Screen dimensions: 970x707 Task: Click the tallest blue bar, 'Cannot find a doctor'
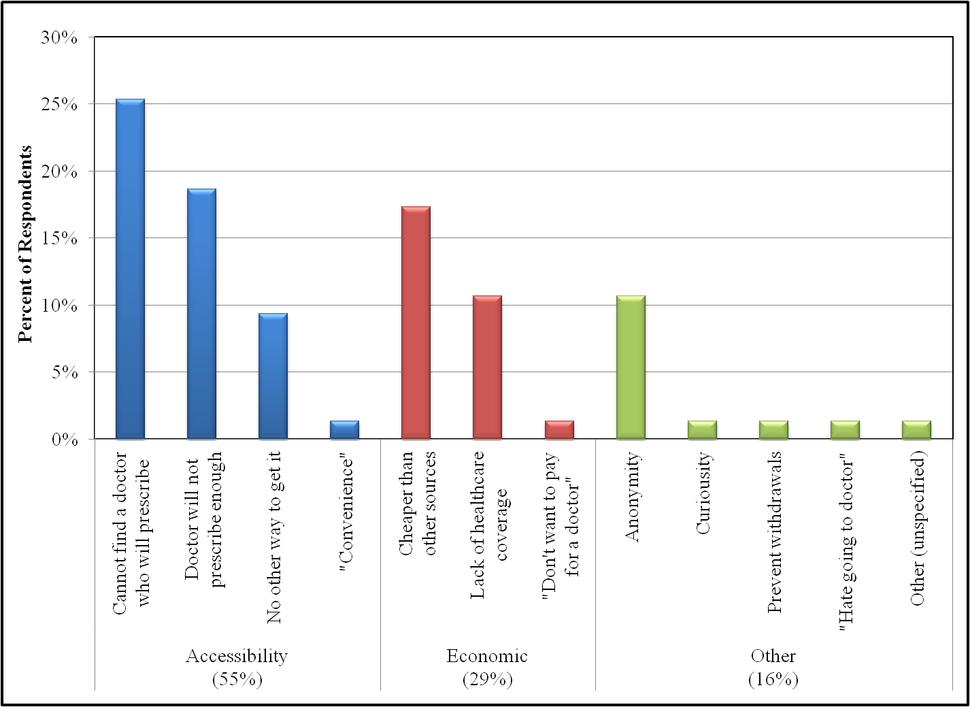coord(130,269)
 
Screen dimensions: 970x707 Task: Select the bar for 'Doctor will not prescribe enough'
coord(201,314)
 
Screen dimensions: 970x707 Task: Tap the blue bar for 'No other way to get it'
coord(273,376)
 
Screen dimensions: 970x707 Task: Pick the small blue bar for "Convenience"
coord(344,430)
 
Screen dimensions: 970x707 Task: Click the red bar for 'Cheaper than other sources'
coord(416,323)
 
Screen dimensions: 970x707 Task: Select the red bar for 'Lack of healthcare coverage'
coord(487,367)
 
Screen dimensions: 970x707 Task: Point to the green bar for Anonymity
coord(631,367)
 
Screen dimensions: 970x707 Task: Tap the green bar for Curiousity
coord(702,430)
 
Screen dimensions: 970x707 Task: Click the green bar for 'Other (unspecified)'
coord(916,430)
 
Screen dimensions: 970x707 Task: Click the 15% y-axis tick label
coord(59,238)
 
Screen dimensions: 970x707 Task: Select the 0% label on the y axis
coord(65,440)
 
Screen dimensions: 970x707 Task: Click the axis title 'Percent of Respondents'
coord(25,244)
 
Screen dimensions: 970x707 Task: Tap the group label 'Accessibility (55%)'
coord(237,668)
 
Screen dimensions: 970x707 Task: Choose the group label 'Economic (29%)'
coord(487,668)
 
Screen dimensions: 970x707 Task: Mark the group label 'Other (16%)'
coord(773,668)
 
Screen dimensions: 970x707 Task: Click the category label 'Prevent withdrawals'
coord(774,532)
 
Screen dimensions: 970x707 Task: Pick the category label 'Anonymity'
coord(632,496)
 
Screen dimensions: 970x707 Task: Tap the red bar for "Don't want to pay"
coord(559,430)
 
